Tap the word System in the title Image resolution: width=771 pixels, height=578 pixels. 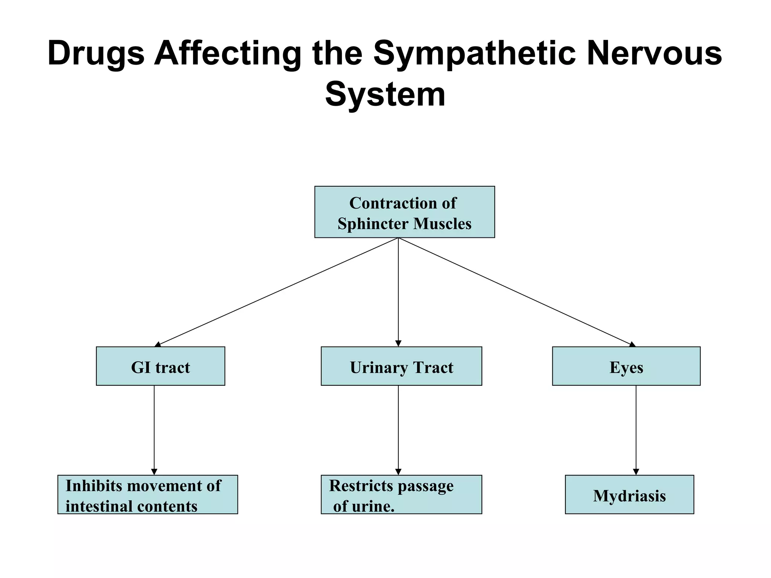point(385,94)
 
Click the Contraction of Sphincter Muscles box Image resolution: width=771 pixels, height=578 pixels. point(404,212)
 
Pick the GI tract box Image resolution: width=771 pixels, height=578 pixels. point(160,366)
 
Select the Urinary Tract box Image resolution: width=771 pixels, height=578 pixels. point(401,366)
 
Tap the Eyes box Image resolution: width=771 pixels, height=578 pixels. point(626,366)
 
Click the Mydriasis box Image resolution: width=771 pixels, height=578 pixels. point(629,494)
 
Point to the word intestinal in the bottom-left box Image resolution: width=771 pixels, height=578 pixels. point(99,506)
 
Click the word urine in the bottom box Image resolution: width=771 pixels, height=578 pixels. point(372,506)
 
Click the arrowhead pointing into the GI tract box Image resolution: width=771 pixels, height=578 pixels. point(158,344)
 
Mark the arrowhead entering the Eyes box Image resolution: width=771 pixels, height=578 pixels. point(632,344)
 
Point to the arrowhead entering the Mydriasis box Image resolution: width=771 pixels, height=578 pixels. point(636,472)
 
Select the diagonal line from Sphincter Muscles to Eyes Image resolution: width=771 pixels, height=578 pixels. point(516,291)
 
